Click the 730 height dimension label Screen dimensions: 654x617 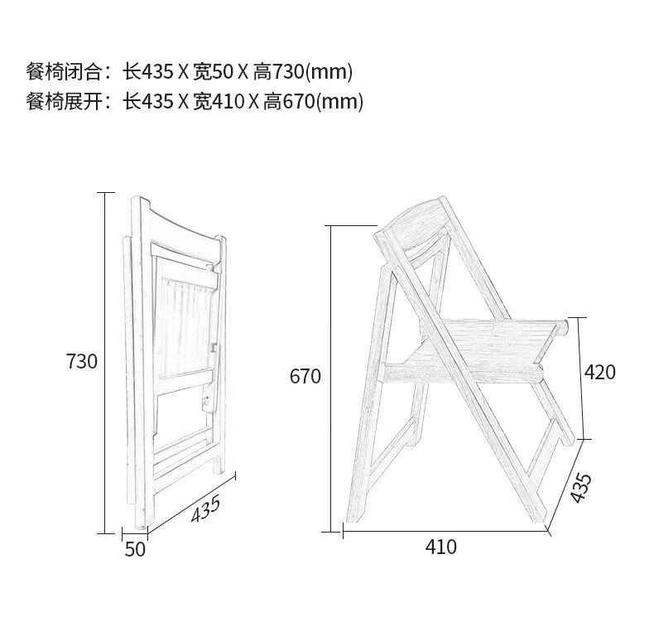82,362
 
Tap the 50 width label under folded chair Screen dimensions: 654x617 135,548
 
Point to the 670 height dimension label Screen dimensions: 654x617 305,377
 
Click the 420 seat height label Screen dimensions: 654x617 600,373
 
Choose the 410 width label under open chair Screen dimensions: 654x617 440,547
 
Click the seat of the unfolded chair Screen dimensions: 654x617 488,340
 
